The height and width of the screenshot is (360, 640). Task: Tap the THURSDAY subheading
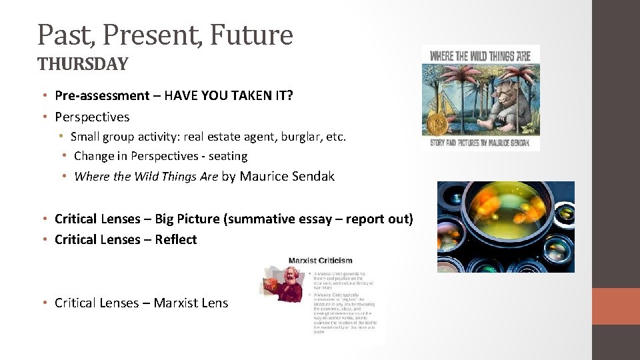83,64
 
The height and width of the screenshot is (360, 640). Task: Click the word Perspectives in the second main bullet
92,117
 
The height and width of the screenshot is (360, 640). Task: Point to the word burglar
293,137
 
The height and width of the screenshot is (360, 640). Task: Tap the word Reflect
176,239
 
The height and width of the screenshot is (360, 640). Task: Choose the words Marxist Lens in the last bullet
191,303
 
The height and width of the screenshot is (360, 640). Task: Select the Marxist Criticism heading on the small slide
320,261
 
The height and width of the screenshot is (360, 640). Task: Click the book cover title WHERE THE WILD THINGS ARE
480,56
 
